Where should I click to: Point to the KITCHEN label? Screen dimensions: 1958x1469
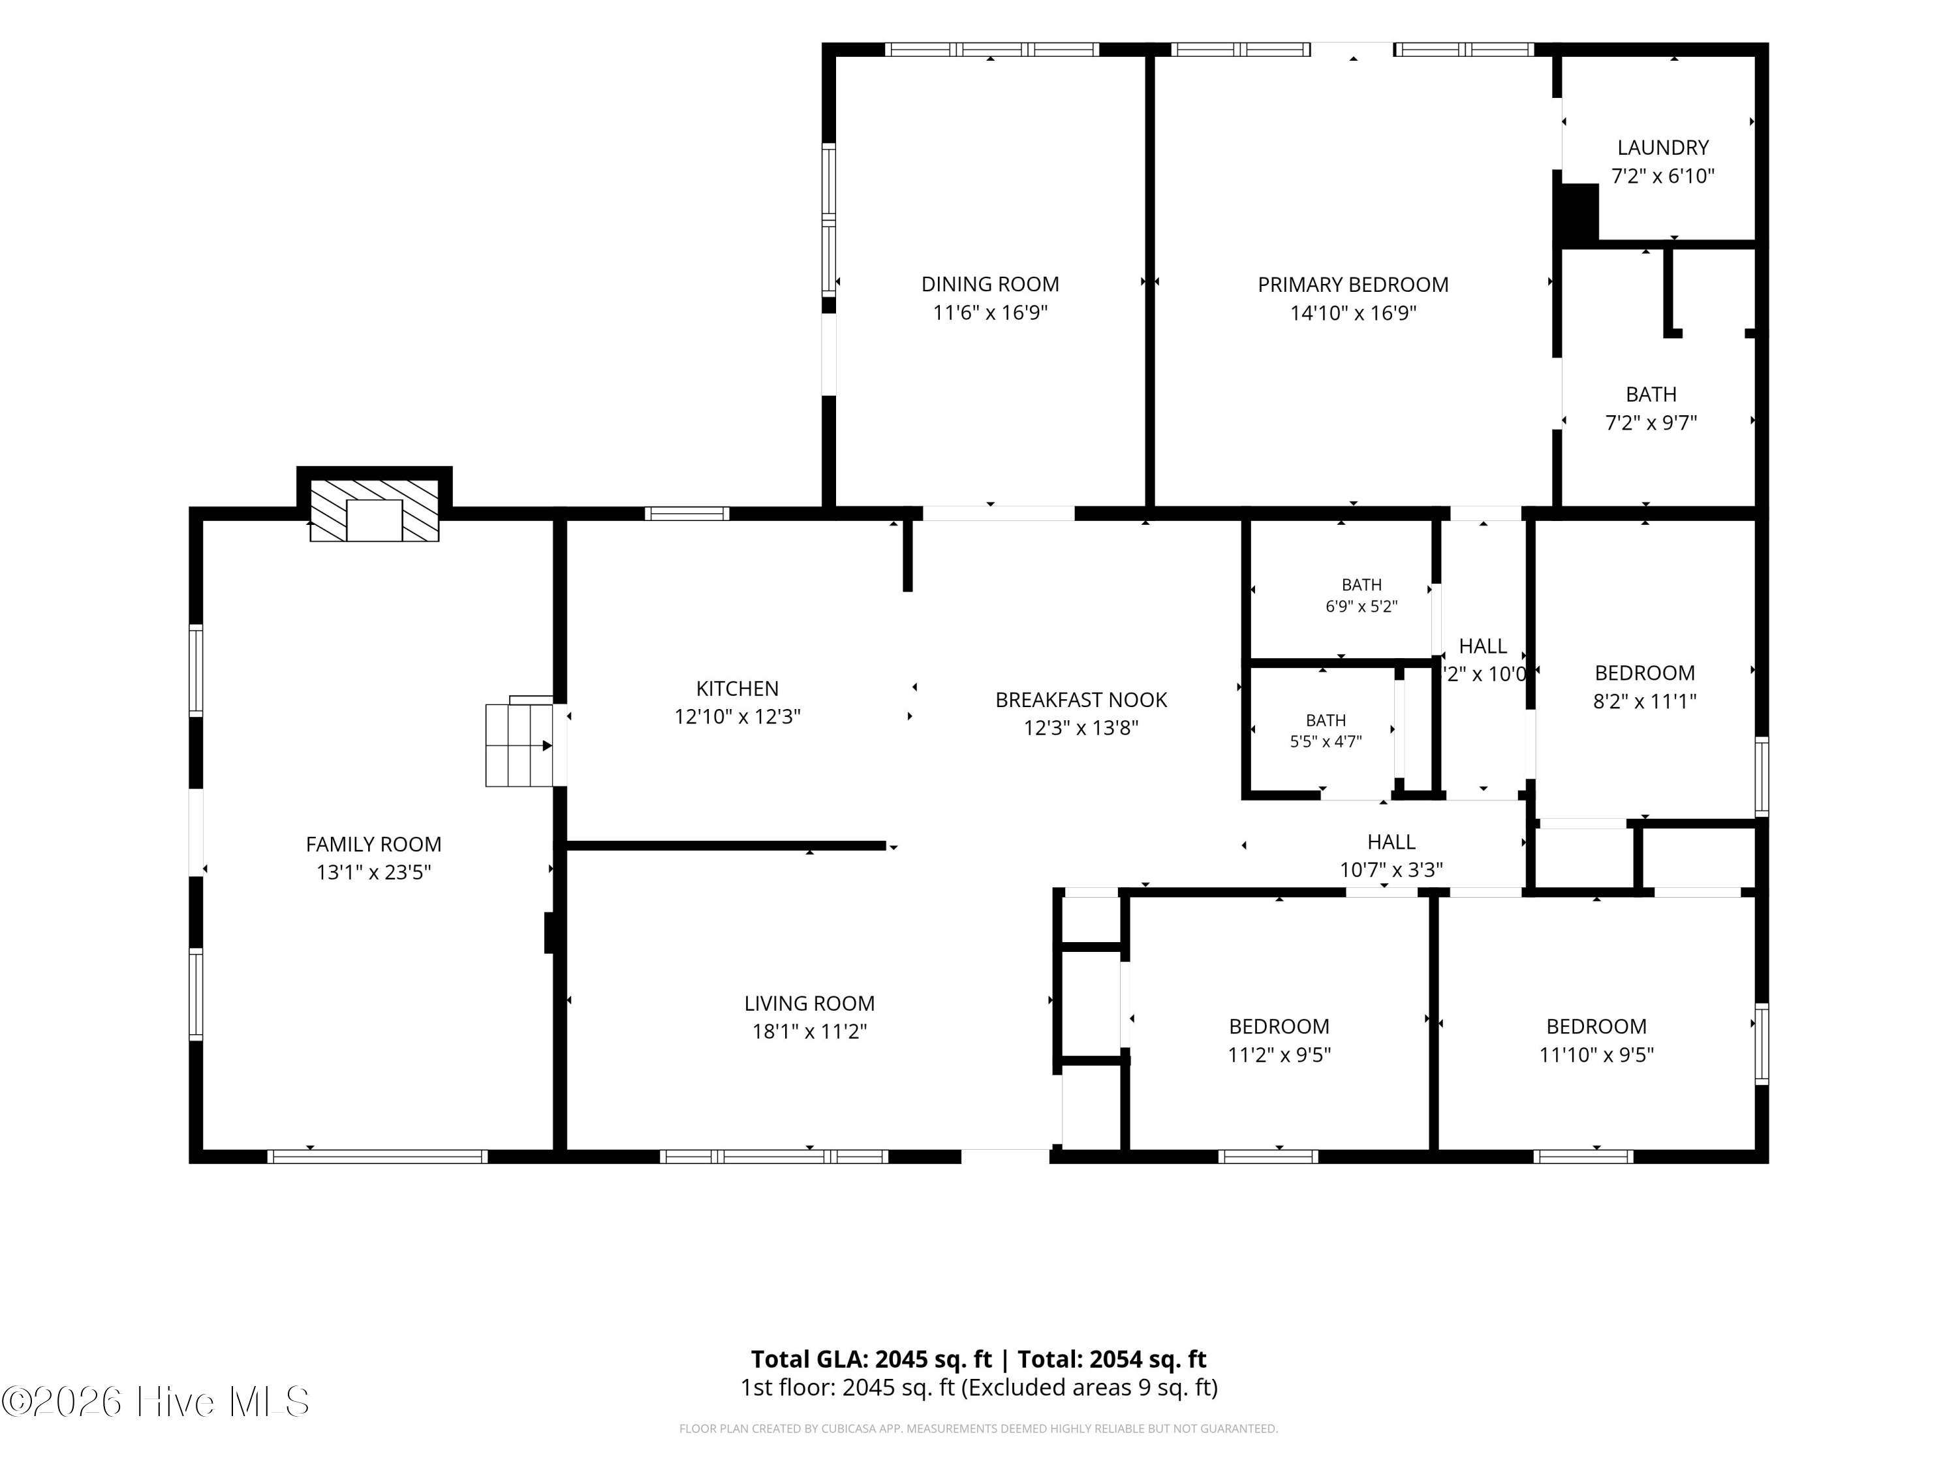[x=738, y=688]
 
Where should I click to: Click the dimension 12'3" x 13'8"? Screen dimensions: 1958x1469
[x=1081, y=728]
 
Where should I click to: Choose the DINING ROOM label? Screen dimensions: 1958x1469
[x=989, y=284]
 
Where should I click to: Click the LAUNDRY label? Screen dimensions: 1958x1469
[x=1662, y=147]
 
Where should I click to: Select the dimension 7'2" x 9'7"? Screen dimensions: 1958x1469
[x=1651, y=422]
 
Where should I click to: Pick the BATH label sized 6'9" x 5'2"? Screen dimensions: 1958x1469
[x=1361, y=584]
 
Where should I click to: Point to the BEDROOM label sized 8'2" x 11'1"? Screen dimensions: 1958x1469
[x=1645, y=673]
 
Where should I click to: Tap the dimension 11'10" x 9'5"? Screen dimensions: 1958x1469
[x=1596, y=1054]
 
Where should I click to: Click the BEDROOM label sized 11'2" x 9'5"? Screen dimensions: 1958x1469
[x=1279, y=1026]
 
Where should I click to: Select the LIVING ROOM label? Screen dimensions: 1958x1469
[x=809, y=1003]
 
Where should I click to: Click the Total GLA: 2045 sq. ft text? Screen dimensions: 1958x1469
[x=871, y=1359]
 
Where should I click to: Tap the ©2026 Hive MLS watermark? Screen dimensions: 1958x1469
[x=156, y=1402]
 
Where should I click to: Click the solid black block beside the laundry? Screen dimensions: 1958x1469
[x=1578, y=212]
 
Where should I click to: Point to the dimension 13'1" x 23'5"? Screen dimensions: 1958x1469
[x=373, y=872]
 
